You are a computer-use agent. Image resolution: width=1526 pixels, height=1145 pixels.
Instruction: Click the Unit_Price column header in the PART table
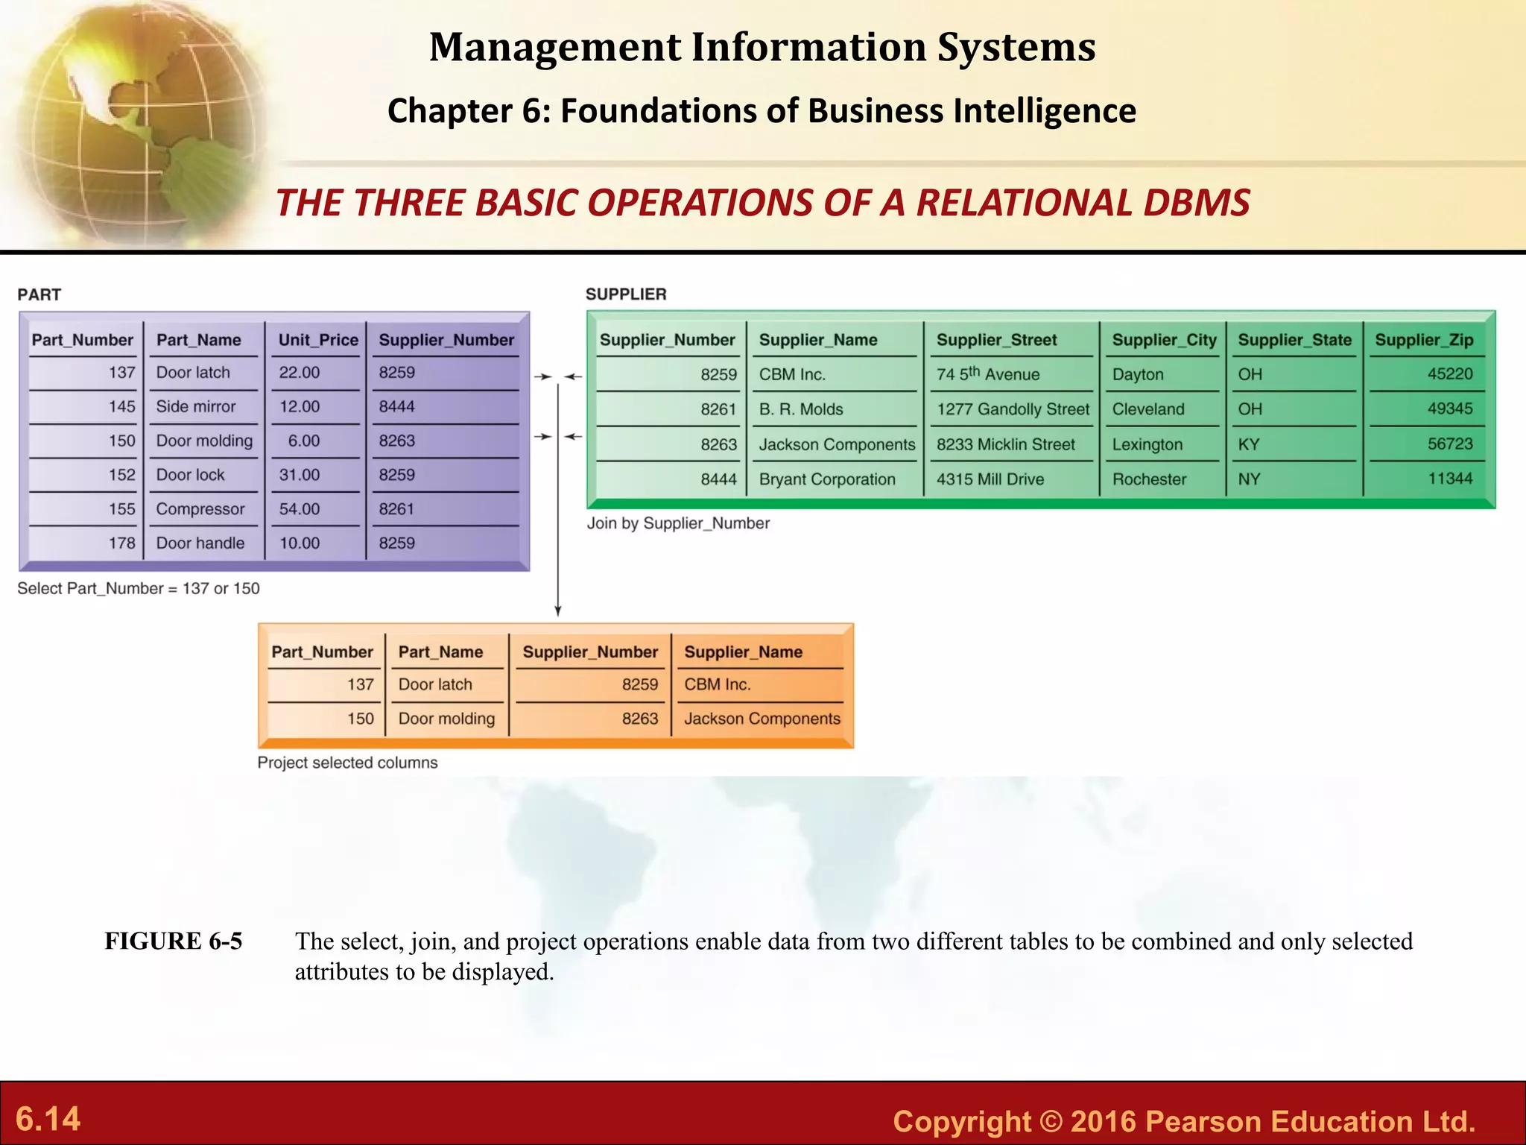point(318,340)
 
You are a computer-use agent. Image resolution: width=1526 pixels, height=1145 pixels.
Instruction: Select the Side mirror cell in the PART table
point(196,407)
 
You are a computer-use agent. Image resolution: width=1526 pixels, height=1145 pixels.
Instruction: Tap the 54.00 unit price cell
point(300,509)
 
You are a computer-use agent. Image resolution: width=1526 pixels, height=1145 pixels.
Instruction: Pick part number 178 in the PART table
point(122,543)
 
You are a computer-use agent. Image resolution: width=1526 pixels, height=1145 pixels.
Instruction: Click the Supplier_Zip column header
point(1424,340)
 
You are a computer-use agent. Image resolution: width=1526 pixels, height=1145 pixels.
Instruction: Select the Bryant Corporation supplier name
point(827,479)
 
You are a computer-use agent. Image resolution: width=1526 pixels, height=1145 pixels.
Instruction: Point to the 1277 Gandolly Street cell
point(1013,409)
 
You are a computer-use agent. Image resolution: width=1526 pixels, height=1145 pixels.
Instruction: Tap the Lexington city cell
point(1147,445)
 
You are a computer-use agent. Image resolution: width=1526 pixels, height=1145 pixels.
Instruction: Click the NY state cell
point(1250,479)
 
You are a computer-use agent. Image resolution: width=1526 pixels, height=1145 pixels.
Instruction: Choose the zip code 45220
point(1450,374)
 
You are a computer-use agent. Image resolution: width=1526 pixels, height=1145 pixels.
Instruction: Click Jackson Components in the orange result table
point(762,719)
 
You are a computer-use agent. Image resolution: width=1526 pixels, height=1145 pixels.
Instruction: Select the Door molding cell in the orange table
point(446,719)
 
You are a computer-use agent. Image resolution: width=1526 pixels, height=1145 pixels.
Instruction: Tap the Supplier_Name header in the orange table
point(743,652)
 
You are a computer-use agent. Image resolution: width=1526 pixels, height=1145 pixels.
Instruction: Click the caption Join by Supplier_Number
point(678,523)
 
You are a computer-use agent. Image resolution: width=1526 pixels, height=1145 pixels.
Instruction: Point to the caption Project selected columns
point(347,763)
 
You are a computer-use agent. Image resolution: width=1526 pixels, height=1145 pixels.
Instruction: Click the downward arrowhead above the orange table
point(557,611)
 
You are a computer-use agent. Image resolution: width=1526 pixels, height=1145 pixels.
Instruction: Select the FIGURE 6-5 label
point(173,941)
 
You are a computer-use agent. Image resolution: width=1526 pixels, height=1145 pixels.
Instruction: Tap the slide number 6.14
point(48,1119)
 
